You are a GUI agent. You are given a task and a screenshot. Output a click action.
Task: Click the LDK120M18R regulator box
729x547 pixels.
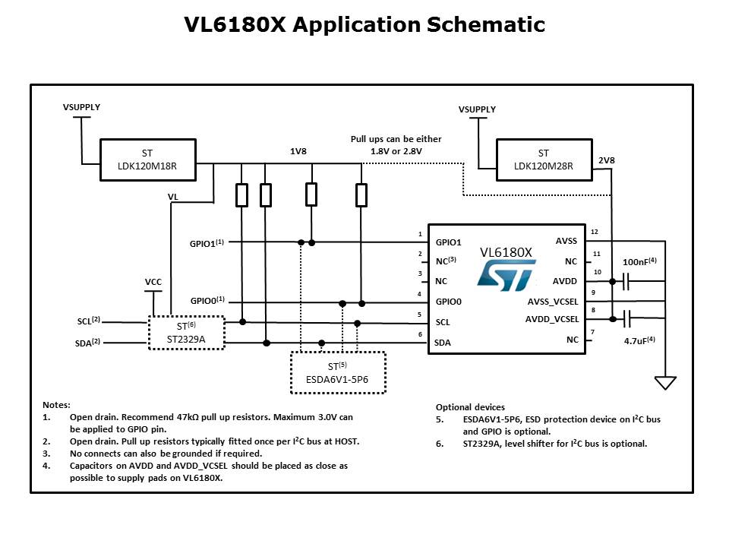pyautogui.click(x=148, y=160)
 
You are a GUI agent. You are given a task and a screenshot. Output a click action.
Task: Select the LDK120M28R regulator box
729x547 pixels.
pyautogui.click(x=544, y=160)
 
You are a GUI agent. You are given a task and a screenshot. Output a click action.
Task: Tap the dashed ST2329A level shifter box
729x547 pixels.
pyautogui.click(x=186, y=333)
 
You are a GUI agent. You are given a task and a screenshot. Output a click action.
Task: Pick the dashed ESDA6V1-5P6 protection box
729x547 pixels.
pyautogui.click(x=338, y=372)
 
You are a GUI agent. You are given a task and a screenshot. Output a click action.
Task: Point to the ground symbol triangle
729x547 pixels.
pyautogui.click(x=665, y=382)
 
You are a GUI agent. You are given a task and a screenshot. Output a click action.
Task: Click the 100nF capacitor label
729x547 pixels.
pyautogui.click(x=639, y=262)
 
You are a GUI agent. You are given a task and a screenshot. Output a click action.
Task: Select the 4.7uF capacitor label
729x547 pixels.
pyautogui.click(x=639, y=340)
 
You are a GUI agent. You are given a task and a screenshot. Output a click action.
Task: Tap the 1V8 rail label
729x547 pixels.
pyautogui.click(x=298, y=152)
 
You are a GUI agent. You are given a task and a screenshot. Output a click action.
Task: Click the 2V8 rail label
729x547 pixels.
pyautogui.click(x=607, y=160)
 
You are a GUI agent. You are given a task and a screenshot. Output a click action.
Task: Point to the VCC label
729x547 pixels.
pyautogui.click(x=153, y=282)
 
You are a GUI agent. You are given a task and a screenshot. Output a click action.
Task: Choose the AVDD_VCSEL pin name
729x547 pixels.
pyautogui.click(x=552, y=319)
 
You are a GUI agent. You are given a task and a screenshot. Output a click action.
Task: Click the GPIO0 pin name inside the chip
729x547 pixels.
pyautogui.click(x=449, y=302)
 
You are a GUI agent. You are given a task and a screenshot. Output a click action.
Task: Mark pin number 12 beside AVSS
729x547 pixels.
pyautogui.click(x=595, y=232)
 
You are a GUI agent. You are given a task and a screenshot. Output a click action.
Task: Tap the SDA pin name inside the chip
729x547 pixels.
pyautogui.click(x=443, y=343)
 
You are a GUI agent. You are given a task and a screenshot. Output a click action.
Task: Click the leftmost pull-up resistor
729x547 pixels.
pyautogui.click(x=241, y=195)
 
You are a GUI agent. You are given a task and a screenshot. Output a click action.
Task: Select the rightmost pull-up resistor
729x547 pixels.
pyautogui.click(x=361, y=195)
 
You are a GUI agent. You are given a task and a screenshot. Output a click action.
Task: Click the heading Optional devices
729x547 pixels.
pyautogui.click(x=471, y=407)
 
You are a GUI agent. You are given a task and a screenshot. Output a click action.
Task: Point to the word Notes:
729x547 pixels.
pyautogui.click(x=56, y=405)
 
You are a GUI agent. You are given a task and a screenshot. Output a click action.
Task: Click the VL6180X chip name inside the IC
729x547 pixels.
pyautogui.click(x=506, y=251)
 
